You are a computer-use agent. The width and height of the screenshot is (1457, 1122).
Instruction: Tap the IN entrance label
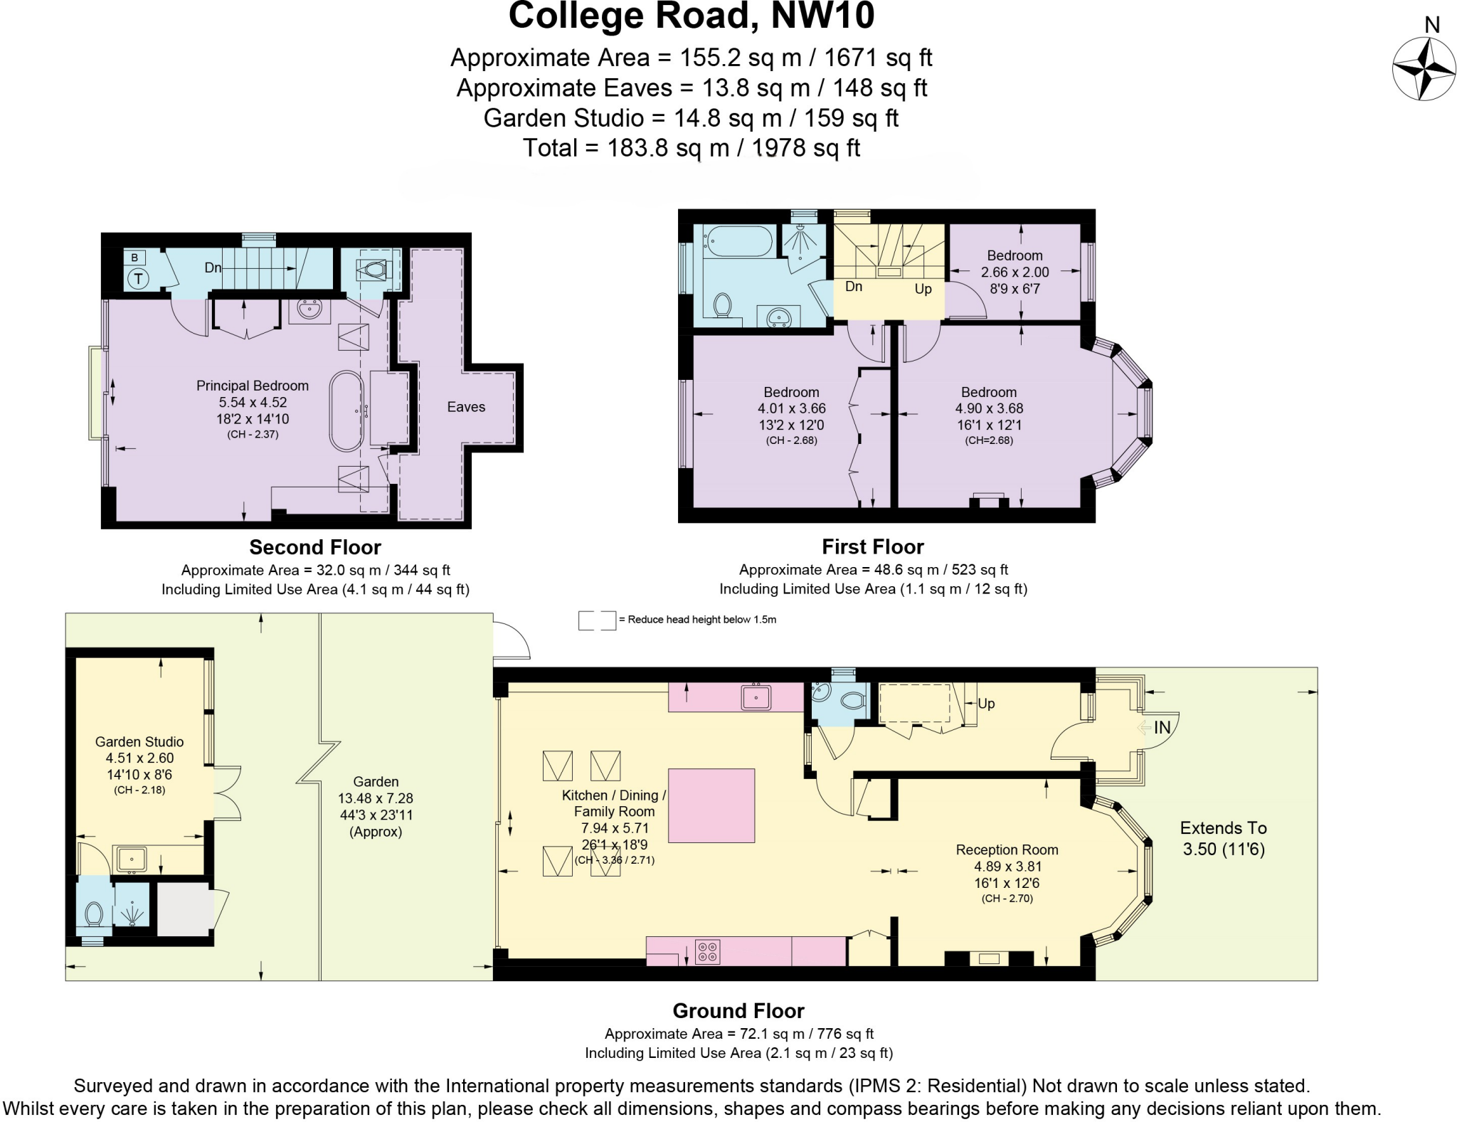tap(1162, 727)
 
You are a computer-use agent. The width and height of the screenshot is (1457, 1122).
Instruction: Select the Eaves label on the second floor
tap(466, 407)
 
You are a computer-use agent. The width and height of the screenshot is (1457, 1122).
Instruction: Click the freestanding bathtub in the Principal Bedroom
tap(346, 411)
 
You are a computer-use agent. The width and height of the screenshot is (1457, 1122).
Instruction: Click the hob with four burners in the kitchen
tap(707, 951)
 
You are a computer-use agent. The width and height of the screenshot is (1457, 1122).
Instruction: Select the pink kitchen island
tap(711, 805)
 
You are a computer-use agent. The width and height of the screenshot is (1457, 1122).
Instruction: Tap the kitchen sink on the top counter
tap(756, 697)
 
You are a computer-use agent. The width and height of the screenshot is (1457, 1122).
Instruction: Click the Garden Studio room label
tap(139, 742)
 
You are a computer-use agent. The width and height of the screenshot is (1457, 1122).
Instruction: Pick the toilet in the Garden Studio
tap(94, 913)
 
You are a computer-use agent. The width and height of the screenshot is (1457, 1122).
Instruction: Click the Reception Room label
tap(1007, 850)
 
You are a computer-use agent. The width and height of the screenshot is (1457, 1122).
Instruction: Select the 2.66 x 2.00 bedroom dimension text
tap(1014, 272)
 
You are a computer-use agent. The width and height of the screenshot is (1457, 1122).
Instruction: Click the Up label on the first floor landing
tap(923, 290)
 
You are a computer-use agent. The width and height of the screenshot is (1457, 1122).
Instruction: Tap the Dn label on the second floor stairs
tap(213, 268)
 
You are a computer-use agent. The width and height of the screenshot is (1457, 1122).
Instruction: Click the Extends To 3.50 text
tap(1223, 838)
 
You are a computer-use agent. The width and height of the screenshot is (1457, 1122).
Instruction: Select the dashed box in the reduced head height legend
tap(596, 620)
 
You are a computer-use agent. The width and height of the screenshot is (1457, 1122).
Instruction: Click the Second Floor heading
tap(315, 547)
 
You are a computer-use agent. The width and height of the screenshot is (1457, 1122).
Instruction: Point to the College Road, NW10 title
tap(691, 16)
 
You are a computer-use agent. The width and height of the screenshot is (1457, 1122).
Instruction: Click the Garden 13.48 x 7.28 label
tap(376, 798)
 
